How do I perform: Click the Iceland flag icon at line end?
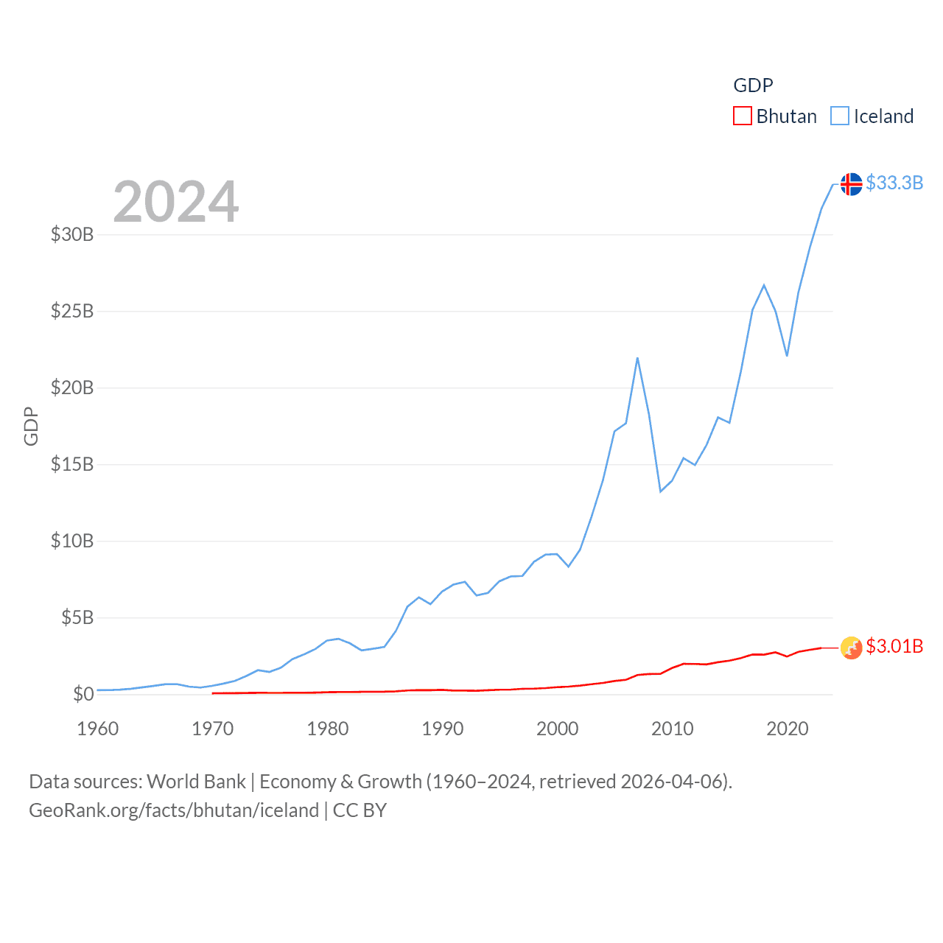(851, 183)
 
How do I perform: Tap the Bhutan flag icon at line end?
(851, 648)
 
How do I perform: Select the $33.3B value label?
(894, 183)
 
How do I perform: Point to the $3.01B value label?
(894, 646)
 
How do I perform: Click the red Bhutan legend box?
(742, 116)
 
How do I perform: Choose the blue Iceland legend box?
(839, 116)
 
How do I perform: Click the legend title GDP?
(753, 85)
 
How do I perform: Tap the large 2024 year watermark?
(175, 202)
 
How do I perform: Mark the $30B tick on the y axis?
(72, 234)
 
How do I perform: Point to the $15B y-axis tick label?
(72, 464)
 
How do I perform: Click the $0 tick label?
(83, 694)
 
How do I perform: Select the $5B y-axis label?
(77, 617)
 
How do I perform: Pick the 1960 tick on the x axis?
(98, 729)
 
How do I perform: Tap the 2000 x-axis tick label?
(558, 729)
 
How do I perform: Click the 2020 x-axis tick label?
(788, 729)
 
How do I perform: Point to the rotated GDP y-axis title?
(31, 426)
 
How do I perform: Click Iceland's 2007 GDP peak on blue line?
(637, 358)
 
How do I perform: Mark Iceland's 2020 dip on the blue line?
(787, 356)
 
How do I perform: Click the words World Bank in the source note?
(196, 782)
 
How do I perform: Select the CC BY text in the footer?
(360, 810)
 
